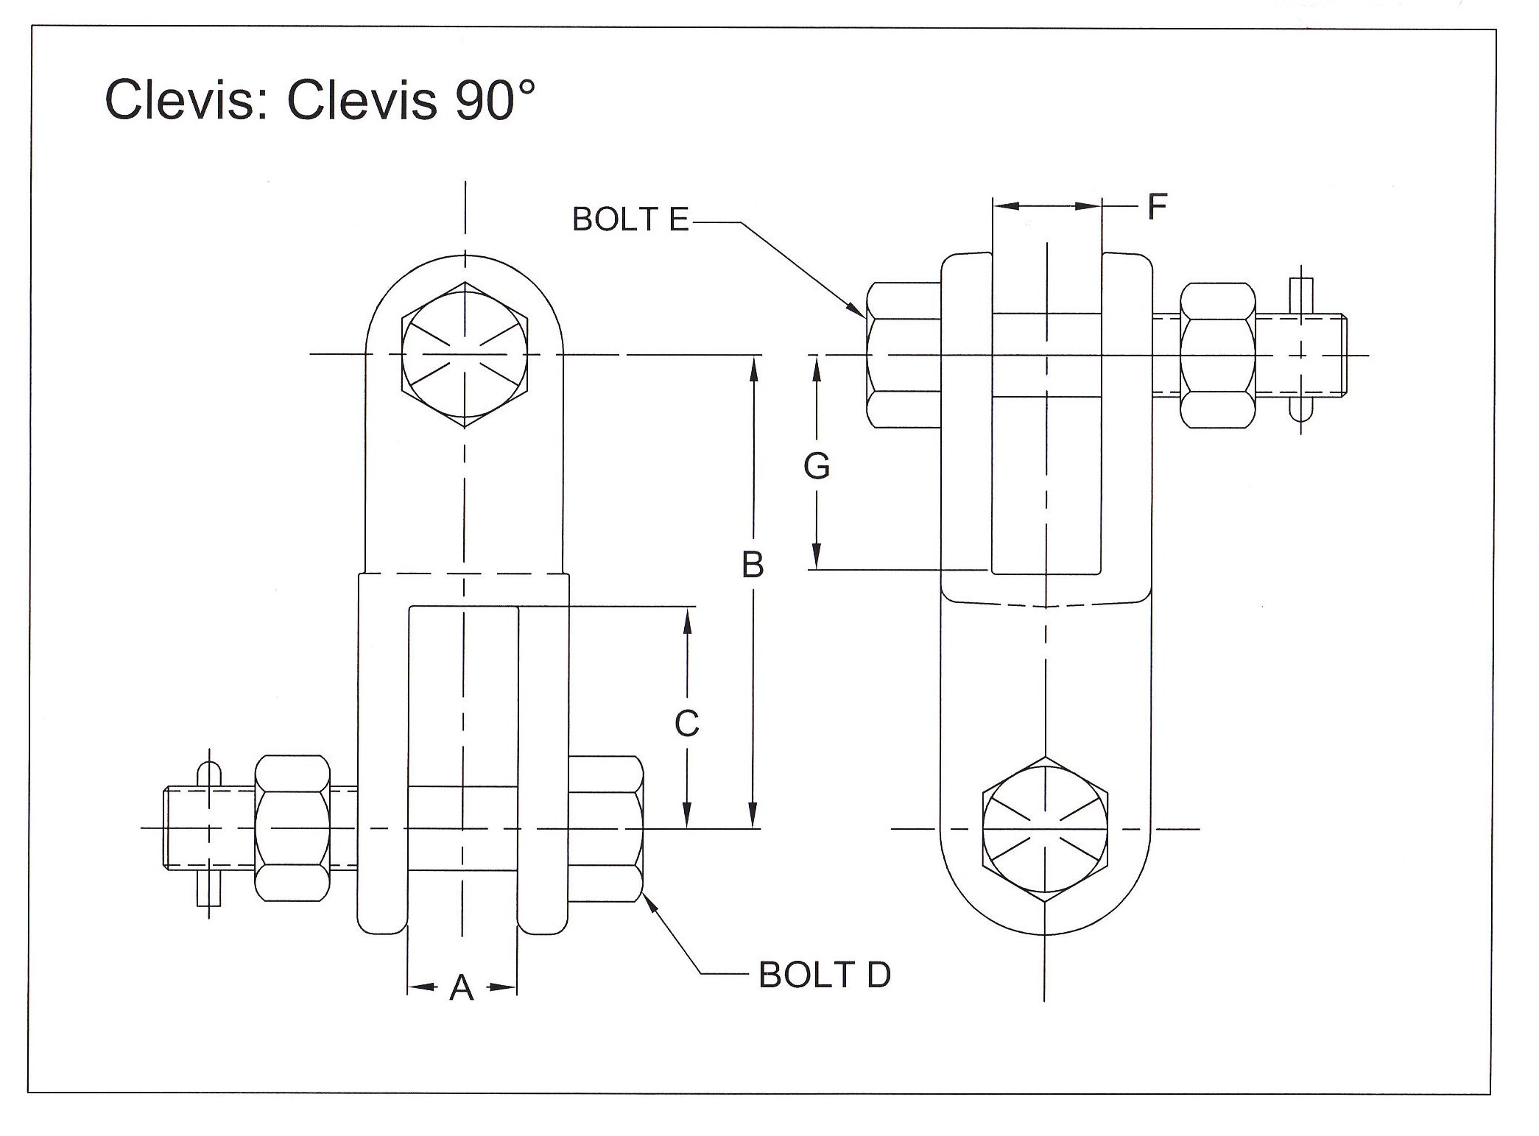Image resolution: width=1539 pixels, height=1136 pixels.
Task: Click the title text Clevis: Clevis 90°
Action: click(x=319, y=99)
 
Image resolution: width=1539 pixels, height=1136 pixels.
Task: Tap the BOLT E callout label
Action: click(x=630, y=219)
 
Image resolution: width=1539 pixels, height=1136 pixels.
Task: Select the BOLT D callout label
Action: click(x=824, y=976)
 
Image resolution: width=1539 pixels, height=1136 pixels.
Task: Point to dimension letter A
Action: click(x=462, y=988)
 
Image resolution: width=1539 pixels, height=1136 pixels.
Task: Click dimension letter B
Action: click(x=752, y=565)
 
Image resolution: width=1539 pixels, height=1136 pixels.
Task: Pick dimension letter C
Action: click(x=686, y=724)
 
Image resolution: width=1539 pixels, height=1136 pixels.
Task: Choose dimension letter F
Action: click(x=1157, y=207)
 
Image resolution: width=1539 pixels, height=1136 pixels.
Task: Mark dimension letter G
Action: click(x=817, y=466)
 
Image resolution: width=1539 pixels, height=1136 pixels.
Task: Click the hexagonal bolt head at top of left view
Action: click(x=465, y=354)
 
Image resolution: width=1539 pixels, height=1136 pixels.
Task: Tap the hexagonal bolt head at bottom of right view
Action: click(x=1045, y=829)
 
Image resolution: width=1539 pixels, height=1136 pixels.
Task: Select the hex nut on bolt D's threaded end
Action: click(x=292, y=828)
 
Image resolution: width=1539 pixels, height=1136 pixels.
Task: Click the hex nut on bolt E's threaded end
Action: click(x=1217, y=355)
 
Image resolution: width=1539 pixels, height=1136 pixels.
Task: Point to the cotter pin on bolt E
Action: click(x=1301, y=355)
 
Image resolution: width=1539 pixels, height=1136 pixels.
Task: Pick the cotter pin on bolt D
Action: click(x=209, y=829)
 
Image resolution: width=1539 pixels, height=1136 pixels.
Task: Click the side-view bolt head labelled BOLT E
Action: click(x=903, y=355)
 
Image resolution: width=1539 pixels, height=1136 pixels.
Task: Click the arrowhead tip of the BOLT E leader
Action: click(x=866, y=317)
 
